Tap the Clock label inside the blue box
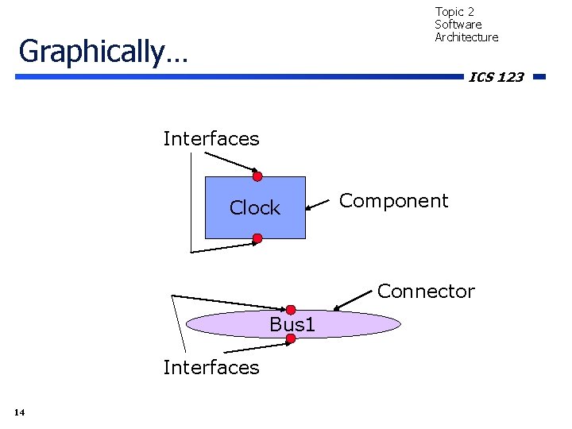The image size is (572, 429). (255, 208)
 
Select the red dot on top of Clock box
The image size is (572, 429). (257, 176)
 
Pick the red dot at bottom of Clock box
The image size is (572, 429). (257, 238)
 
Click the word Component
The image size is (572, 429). (393, 201)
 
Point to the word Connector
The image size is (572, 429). (426, 292)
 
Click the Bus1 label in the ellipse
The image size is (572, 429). (292, 324)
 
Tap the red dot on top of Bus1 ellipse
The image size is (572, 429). (291, 310)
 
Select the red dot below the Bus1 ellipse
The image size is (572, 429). (291, 338)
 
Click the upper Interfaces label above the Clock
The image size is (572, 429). (211, 139)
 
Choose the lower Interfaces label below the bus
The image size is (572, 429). (211, 367)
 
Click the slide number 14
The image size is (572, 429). (19, 412)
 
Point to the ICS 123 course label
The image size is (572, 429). (497, 77)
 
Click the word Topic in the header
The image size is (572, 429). (450, 12)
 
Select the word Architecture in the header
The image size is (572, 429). (466, 37)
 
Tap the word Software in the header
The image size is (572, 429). (458, 25)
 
